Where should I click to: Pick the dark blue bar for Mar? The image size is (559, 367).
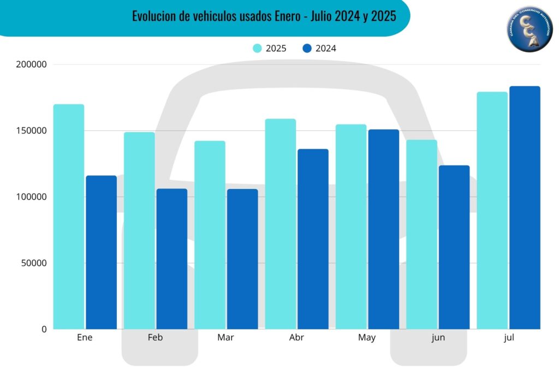pyautogui.click(x=242, y=259)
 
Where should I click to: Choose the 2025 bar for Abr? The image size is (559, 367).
pyautogui.click(x=281, y=224)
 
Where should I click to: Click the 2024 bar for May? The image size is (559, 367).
pyautogui.click(x=383, y=229)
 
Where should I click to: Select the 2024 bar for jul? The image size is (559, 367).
pyautogui.click(x=525, y=208)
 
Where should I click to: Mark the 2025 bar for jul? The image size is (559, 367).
pyautogui.click(x=492, y=210)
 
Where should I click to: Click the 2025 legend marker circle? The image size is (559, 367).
pyautogui.click(x=258, y=48)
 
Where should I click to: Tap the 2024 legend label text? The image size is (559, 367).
pyautogui.click(x=326, y=48)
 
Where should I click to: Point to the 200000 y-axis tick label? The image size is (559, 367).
pyautogui.click(x=32, y=64)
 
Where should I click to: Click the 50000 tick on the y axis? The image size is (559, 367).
pyautogui.click(x=34, y=263)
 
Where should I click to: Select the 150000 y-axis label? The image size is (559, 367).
pyautogui.click(x=32, y=131)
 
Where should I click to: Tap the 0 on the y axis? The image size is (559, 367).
pyautogui.click(x=43, y=329)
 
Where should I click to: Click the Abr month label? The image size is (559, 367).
pyautogui.click(x=296, y=338)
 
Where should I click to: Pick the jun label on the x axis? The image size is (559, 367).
pyautogui.click(x=438, y=338)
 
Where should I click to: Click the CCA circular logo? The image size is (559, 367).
pyautogui.click(x=530, y=29)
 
